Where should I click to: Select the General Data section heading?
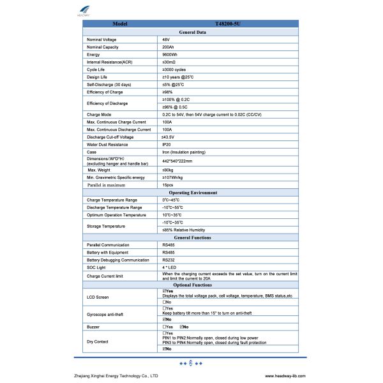click(192, 31)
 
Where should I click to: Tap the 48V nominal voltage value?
click(166, 40)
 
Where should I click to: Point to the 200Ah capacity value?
click(168, 47)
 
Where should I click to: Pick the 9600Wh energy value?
click(169, 55)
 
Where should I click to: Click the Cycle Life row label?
click(96, 70)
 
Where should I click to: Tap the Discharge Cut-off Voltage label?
click(110, 137)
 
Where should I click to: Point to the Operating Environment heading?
click(192, 192)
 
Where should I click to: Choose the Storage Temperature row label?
click(106, 225)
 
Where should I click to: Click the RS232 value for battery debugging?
click(169, 260)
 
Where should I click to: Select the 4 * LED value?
click(170, 267)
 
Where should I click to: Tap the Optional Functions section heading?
click(192, 285)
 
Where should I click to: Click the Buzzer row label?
click(93, 326)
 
